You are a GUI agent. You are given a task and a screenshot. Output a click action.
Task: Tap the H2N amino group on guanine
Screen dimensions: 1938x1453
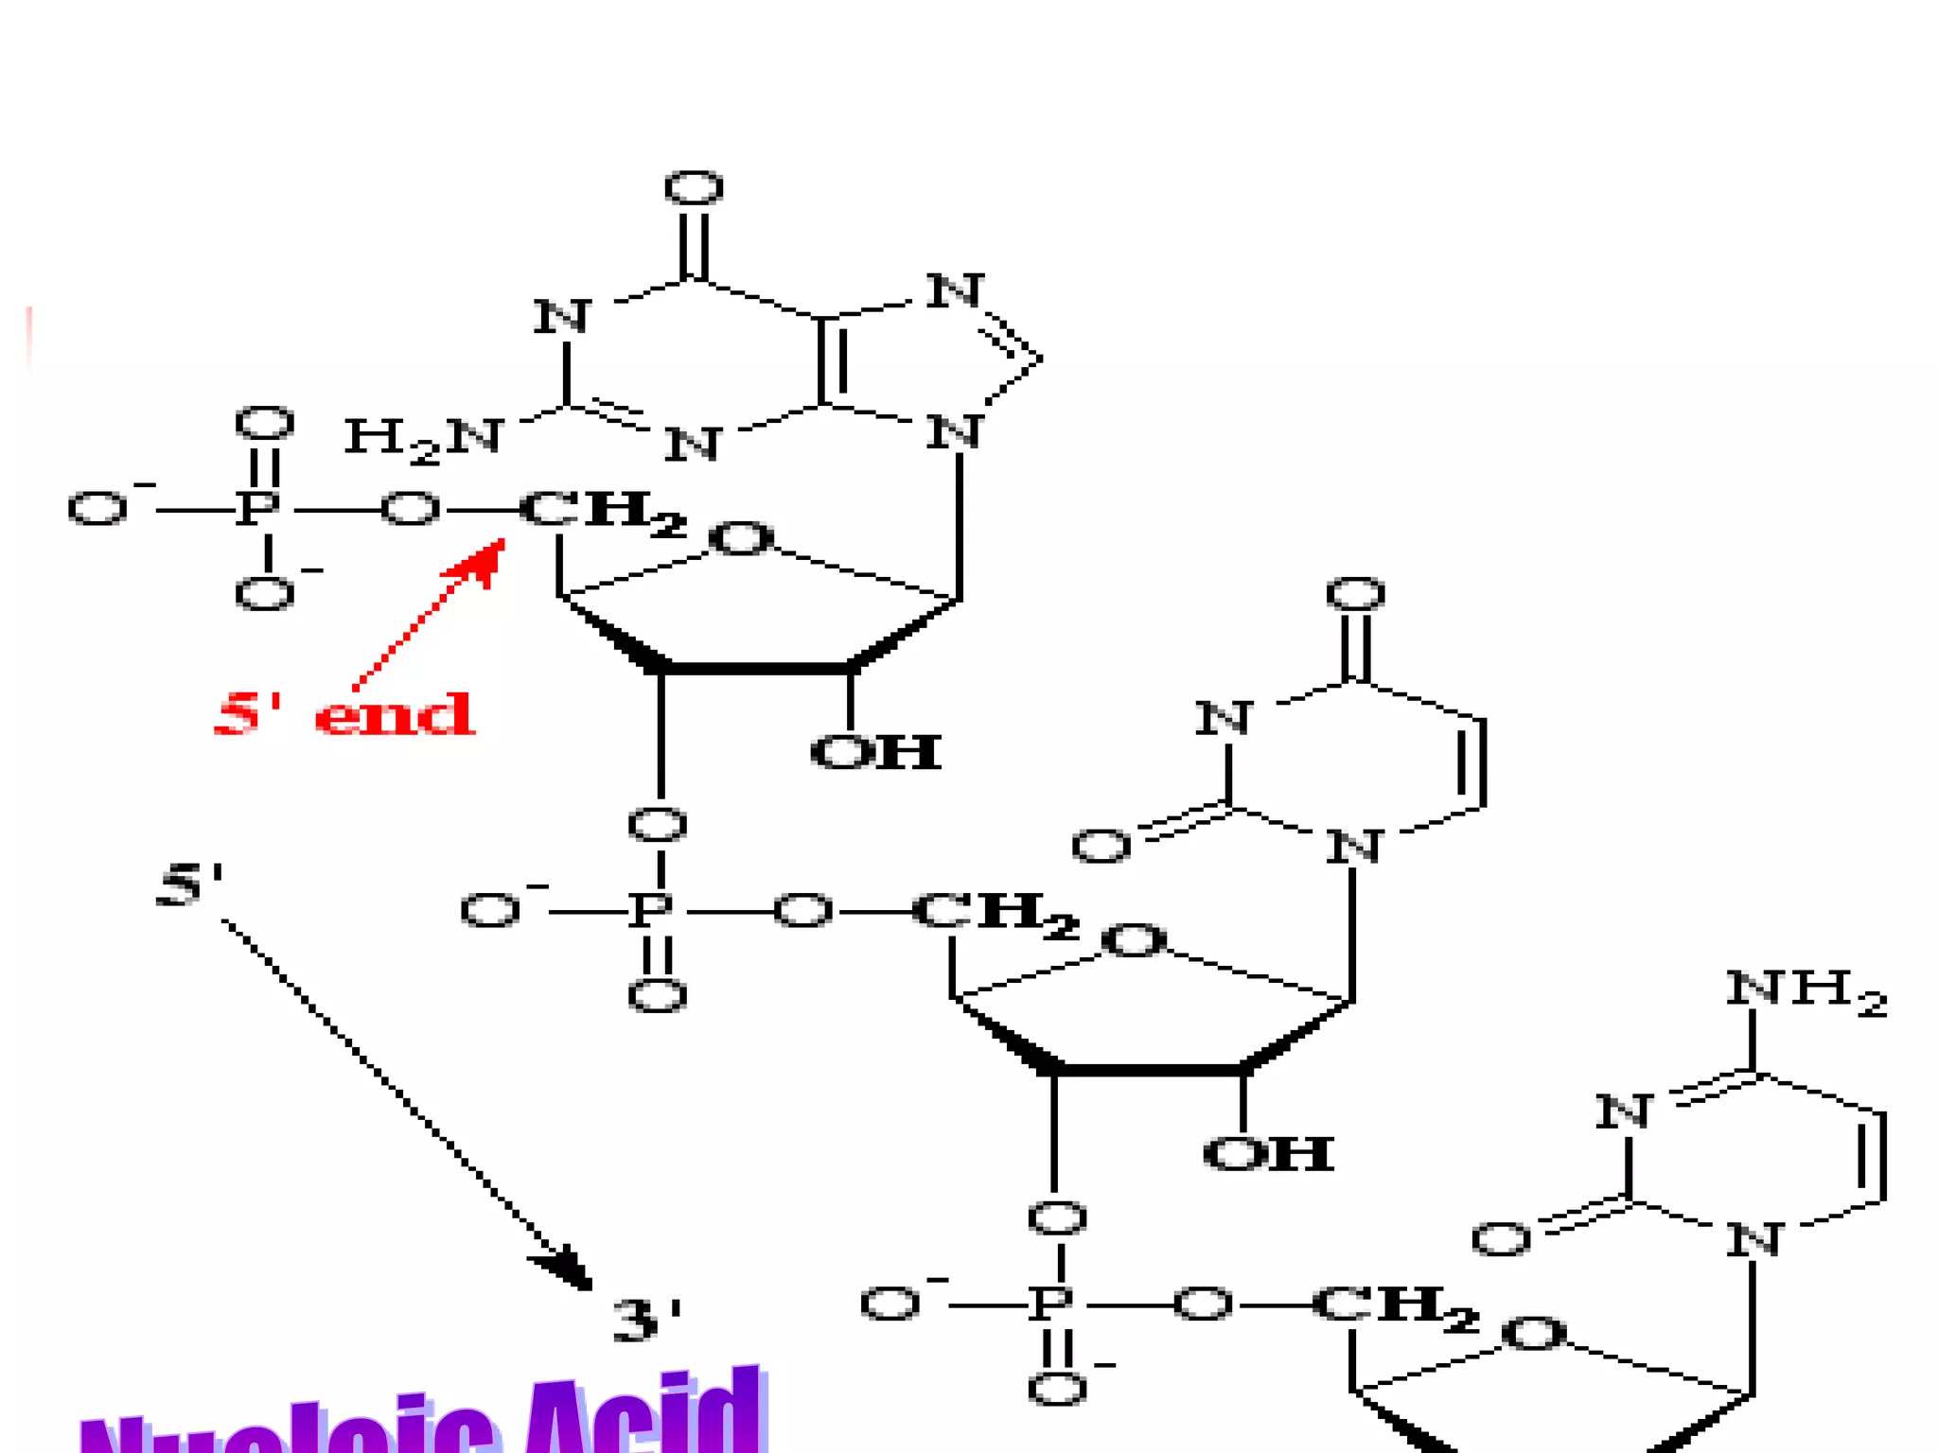[423, 439]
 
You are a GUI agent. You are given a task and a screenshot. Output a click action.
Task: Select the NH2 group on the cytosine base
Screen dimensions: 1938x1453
[1806, 991]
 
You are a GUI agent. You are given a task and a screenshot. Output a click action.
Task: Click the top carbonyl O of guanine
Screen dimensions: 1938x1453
[694, 188]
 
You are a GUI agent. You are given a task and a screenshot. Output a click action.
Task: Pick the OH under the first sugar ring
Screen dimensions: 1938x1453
[875, 753]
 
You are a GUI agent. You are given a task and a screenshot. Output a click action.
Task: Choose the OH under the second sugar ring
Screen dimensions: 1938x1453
[1268, 1154]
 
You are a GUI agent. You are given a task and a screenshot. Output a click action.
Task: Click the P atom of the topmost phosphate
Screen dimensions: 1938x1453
[257, 509]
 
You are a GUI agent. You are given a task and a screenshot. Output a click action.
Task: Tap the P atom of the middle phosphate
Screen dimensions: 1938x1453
[652, 911]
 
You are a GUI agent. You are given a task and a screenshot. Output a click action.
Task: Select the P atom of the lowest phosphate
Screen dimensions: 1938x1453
[1051, 1304]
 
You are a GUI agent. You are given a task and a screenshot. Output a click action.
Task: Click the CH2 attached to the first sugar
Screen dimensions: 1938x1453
[602, 513]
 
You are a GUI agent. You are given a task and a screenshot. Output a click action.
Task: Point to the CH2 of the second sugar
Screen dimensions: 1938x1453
[995, 914]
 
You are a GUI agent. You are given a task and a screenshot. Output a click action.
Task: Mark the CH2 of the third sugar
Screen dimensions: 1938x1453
[1394, 1307]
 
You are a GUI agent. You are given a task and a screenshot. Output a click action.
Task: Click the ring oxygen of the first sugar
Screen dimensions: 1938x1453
[741, 539]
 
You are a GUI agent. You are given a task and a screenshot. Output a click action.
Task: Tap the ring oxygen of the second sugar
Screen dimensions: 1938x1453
[1134, 941]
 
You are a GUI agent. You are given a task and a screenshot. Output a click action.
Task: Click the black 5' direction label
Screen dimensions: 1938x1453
[190, 885]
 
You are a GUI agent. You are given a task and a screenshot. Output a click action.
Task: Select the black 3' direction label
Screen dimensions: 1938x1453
[647, 1320]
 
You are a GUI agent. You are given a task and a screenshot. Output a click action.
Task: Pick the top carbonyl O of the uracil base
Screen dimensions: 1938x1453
[1355, 594]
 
